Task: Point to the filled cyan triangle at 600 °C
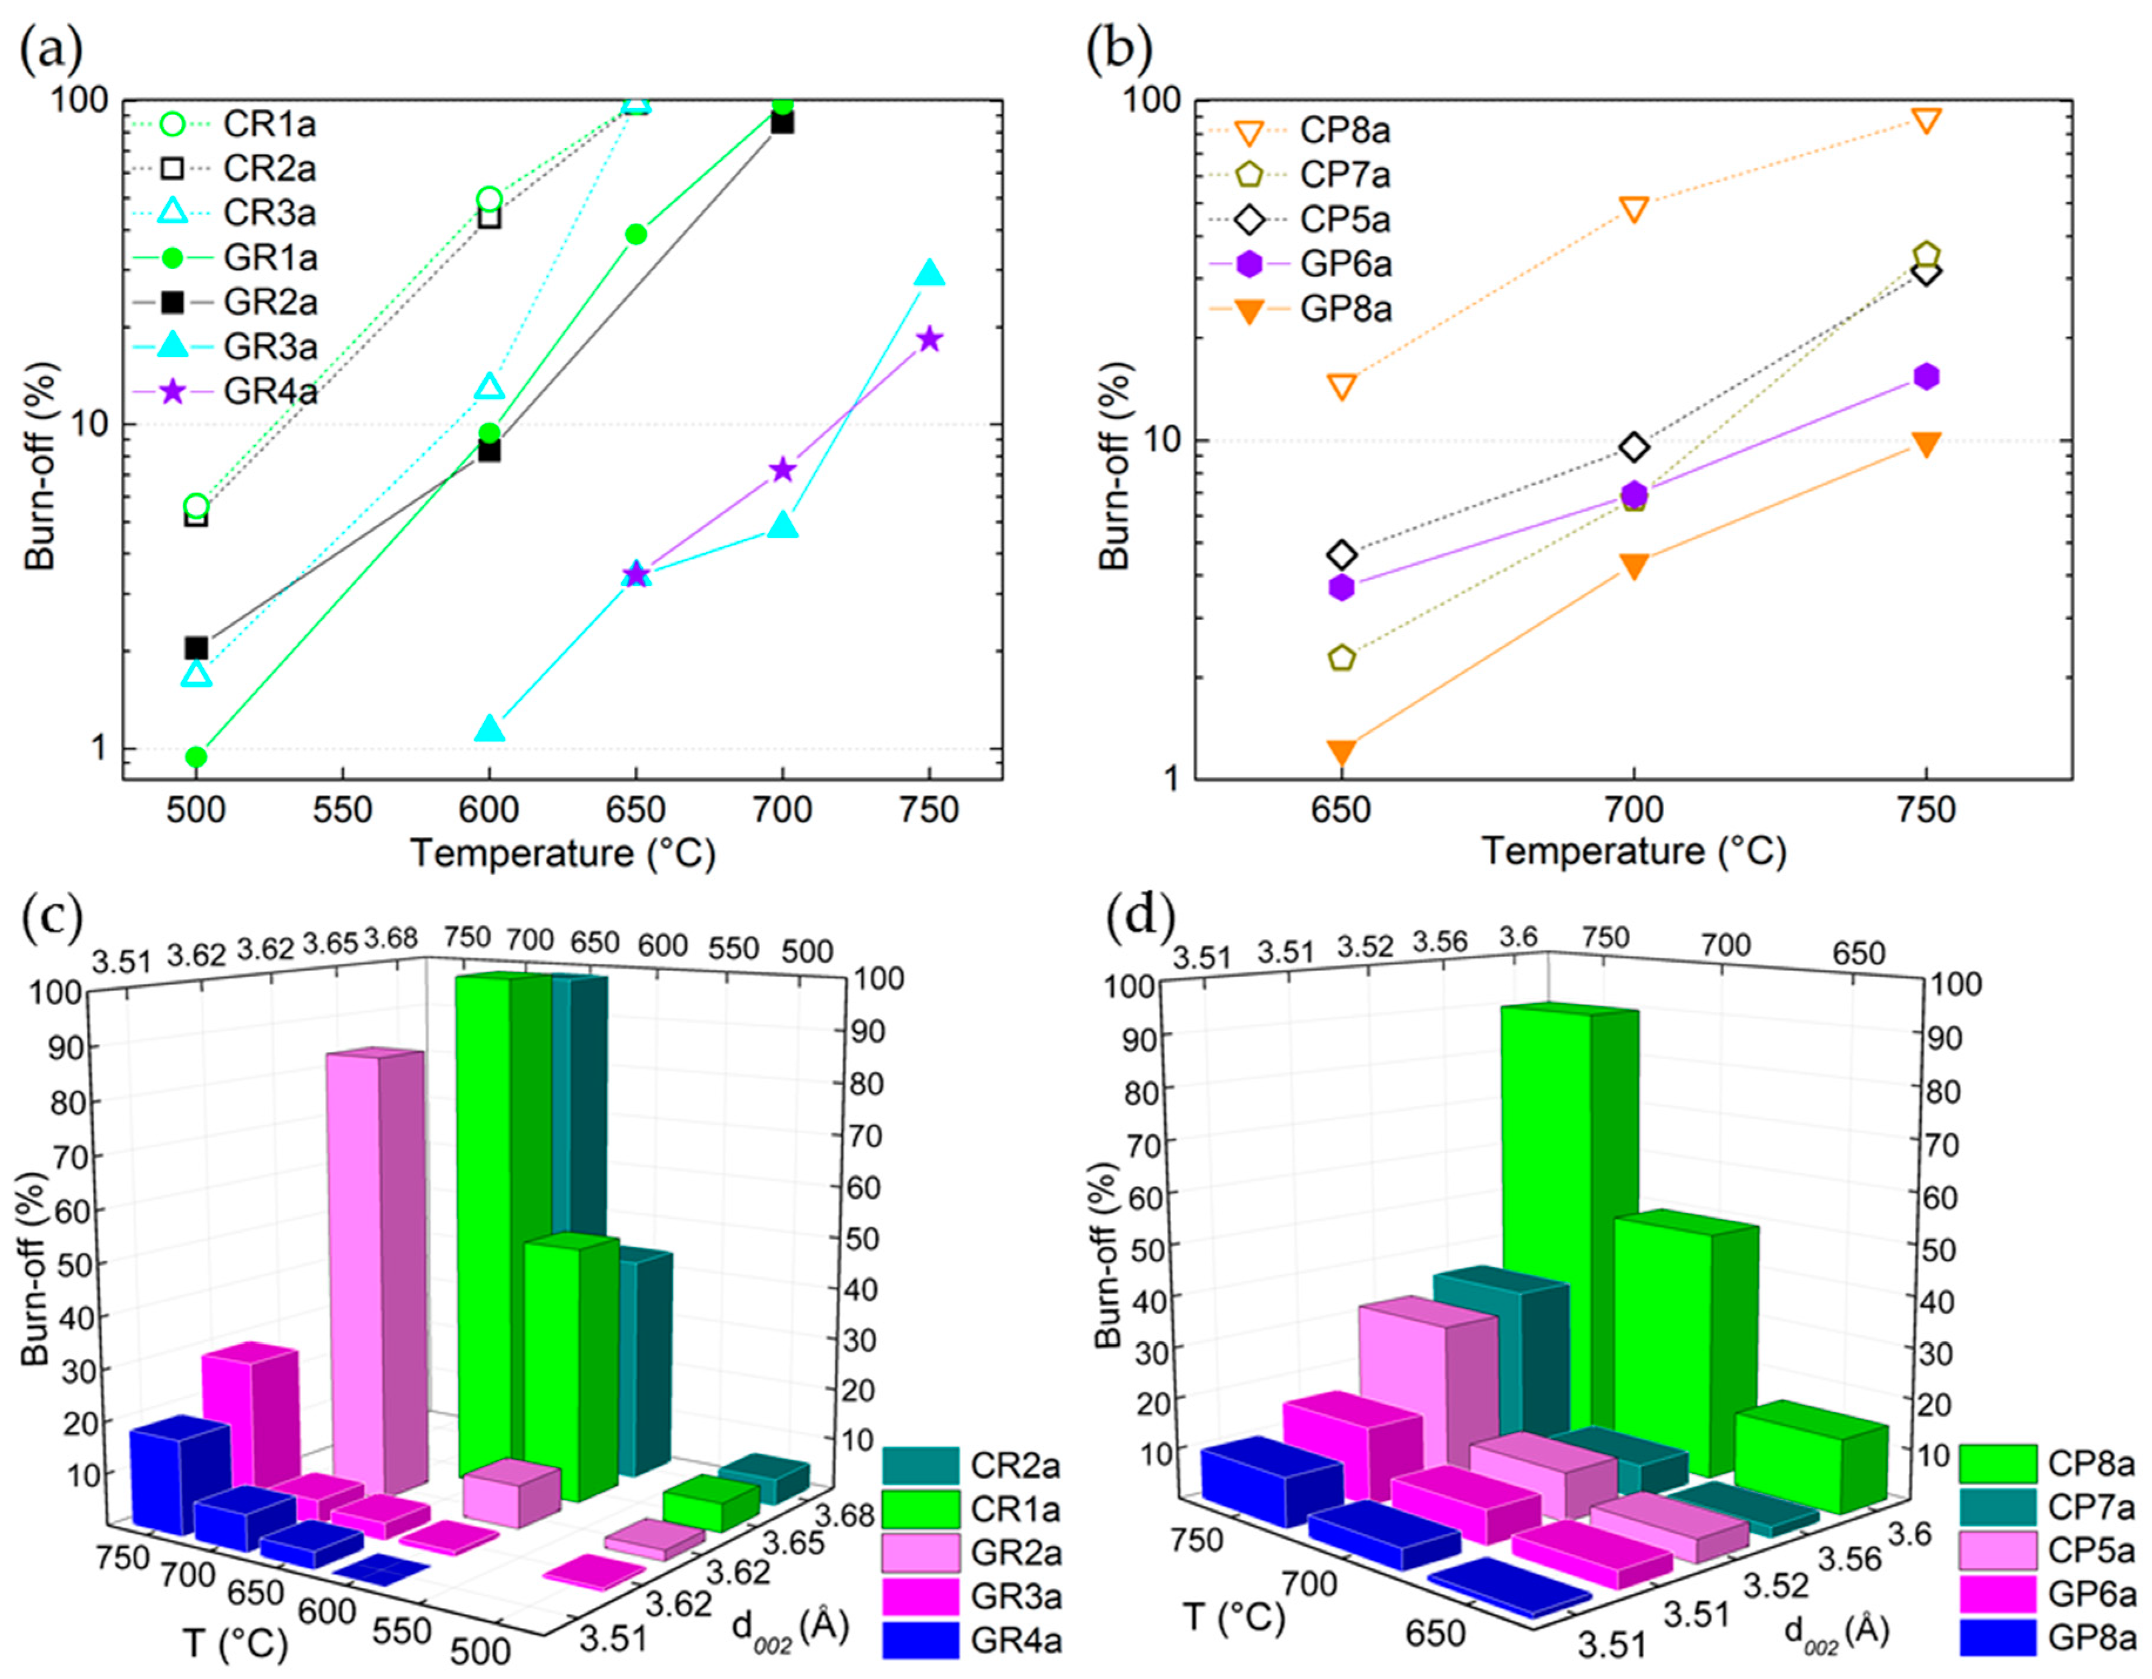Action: pyautogui.click(x=490, y=728)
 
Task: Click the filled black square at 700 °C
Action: pyautogui.click(x=782, y=122)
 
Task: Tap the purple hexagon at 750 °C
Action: pyautogui.click(x=1927, y=376)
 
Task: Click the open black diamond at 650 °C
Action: pyautogui.click(x=1341, y=555)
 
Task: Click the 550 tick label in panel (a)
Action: pyautogui.click(x=343, y=810)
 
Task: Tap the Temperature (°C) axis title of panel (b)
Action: pyautogui.click(x=1632, y=851)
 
